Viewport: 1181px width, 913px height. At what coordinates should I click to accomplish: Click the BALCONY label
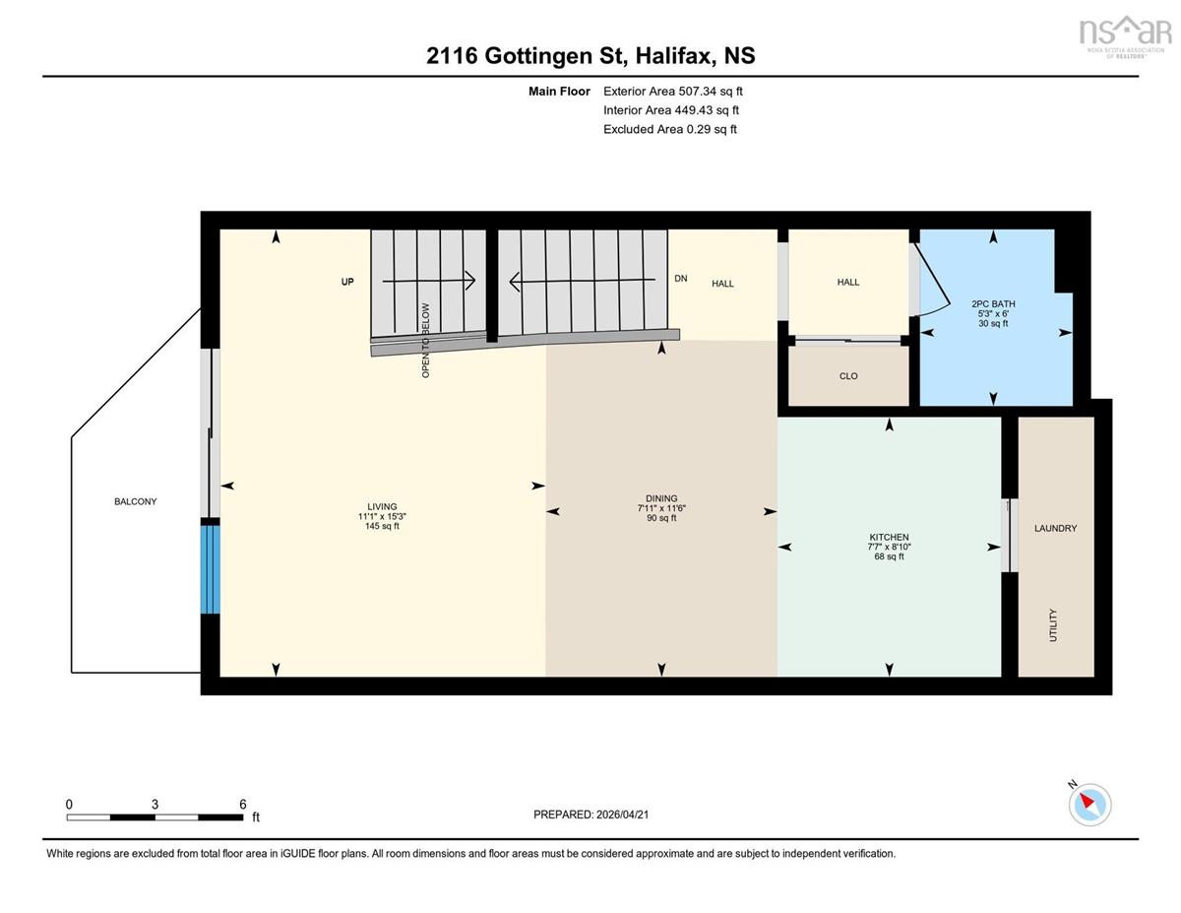pos(136,501)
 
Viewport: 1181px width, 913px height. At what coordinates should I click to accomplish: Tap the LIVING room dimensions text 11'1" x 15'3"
pos(382,517)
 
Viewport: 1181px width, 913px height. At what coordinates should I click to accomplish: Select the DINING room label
pos(661,498)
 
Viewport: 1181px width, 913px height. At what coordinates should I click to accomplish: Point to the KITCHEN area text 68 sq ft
pos(889,556)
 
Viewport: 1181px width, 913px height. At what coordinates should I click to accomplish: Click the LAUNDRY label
pos(1055,528)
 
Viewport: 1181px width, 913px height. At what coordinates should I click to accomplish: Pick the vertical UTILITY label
pos(1053,625)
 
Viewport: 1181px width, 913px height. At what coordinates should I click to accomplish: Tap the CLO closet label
pos(848,376)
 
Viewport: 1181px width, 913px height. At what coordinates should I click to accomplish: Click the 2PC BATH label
pos(993,304)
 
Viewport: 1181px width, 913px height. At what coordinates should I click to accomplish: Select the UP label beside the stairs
pos(347,281)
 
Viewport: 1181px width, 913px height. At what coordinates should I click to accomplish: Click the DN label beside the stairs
pos(680,279)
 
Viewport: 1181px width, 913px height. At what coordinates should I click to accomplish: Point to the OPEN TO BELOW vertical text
pos(425,341)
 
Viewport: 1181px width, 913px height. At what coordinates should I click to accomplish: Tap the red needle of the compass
pos(1087,800)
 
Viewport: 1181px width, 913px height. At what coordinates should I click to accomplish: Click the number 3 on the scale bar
pos(155,804)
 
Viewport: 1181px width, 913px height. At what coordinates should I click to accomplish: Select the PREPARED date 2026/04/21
pos(622,815)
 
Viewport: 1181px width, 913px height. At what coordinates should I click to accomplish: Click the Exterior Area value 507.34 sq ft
pos(711,92)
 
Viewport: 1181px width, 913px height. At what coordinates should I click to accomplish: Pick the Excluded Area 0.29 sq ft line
pos(670,129)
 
